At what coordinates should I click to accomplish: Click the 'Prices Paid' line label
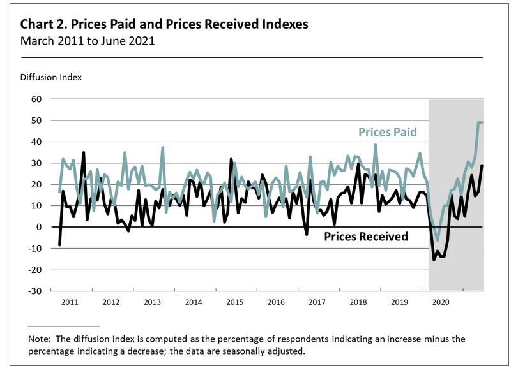[388, 133]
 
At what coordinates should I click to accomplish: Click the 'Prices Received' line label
[366, 237]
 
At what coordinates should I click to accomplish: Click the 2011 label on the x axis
[70, 302]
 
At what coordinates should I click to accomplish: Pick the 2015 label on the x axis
[234, 302]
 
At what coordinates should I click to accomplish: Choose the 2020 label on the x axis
[440, 302]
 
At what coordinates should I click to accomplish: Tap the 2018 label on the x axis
[358, 302]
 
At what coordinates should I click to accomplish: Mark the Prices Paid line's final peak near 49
[479, 122]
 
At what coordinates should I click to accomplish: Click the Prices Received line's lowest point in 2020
[434, 260]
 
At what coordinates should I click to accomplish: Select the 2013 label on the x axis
[152, 302]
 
